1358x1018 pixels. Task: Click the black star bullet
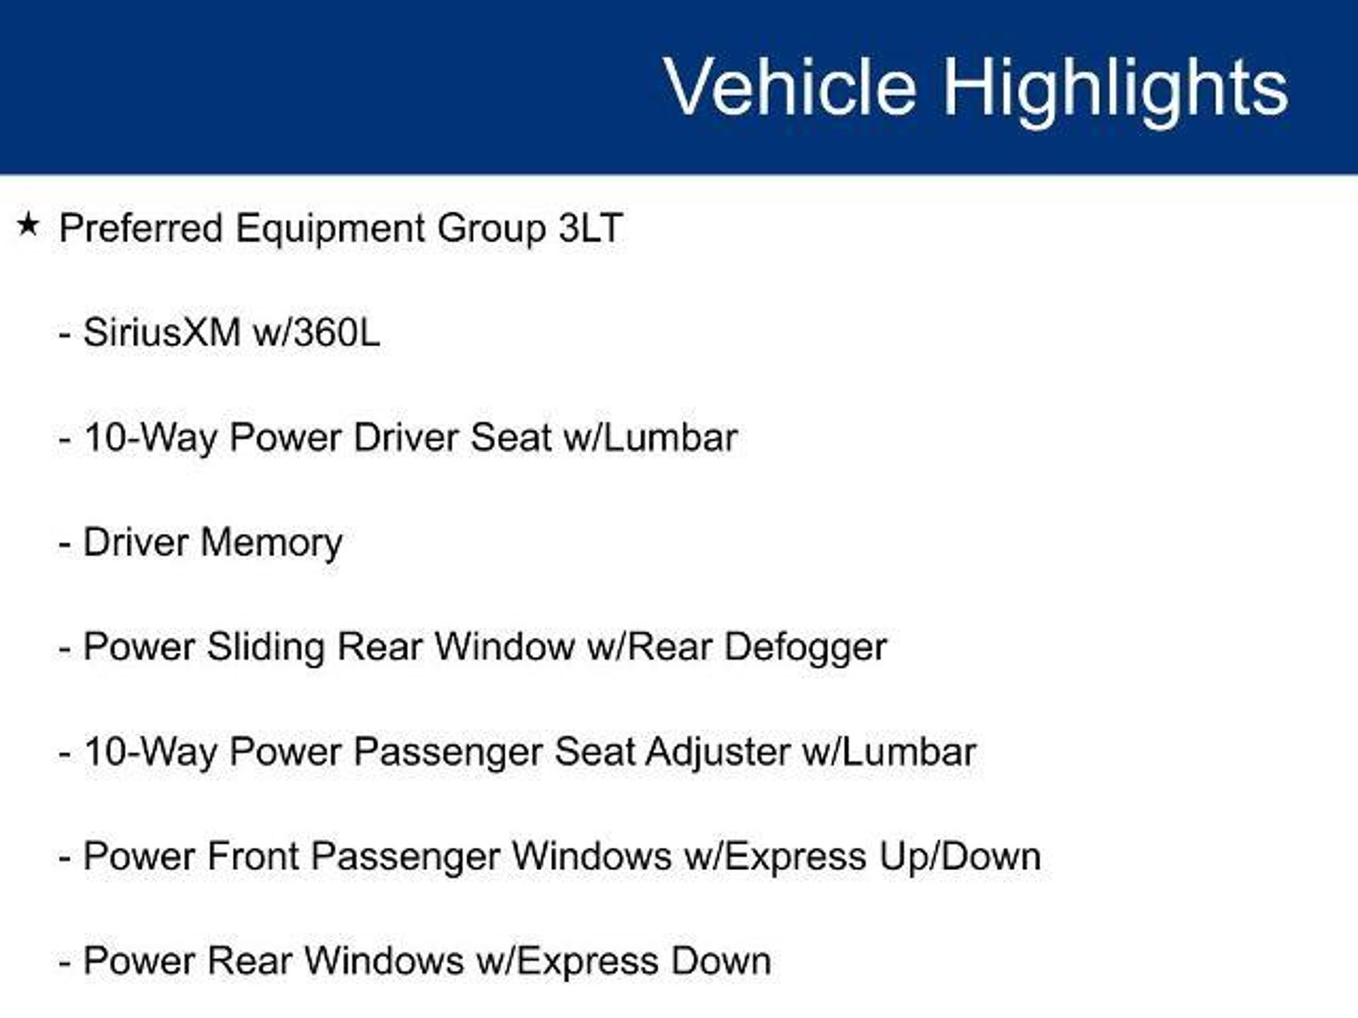point(28,225)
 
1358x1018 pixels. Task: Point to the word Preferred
point(141,228)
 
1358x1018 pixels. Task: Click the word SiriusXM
point(162,332)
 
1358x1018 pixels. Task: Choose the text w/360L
point(317,332)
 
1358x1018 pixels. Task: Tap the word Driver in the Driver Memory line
point(135,542)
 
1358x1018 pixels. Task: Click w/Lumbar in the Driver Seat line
point(650,437)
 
